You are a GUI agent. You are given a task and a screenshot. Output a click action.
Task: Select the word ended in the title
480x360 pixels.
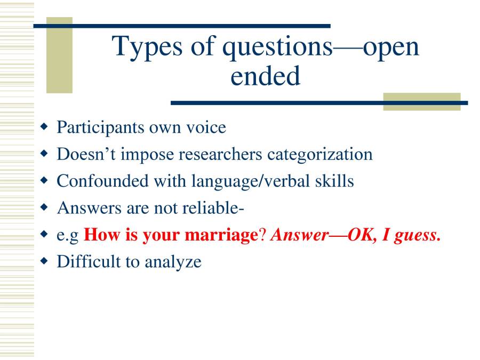click(x=265, y=76)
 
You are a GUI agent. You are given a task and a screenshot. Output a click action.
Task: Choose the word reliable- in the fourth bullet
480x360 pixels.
click(x=213, y=208)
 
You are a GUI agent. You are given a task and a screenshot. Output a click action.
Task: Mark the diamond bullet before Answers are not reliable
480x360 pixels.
click(x=45, y=208)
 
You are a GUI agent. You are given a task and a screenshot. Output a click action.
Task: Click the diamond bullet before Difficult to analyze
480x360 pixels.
click(x=45, y=261)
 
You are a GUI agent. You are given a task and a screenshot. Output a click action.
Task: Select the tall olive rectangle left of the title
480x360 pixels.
click(x=59, y=55)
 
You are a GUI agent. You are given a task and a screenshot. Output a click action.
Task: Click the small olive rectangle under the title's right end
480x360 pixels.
click(x=421, y=102)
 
